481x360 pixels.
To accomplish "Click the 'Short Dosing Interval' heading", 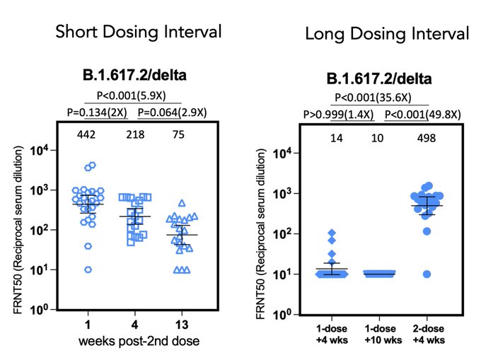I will [x=139, y=32].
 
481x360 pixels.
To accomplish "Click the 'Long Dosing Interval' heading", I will [x=387, y=33].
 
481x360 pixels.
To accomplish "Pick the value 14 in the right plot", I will [x=336, y=138].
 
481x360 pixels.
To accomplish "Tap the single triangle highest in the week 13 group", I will [x=182, y=203].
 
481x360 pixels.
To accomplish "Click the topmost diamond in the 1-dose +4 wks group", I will [x=330, y=233].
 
